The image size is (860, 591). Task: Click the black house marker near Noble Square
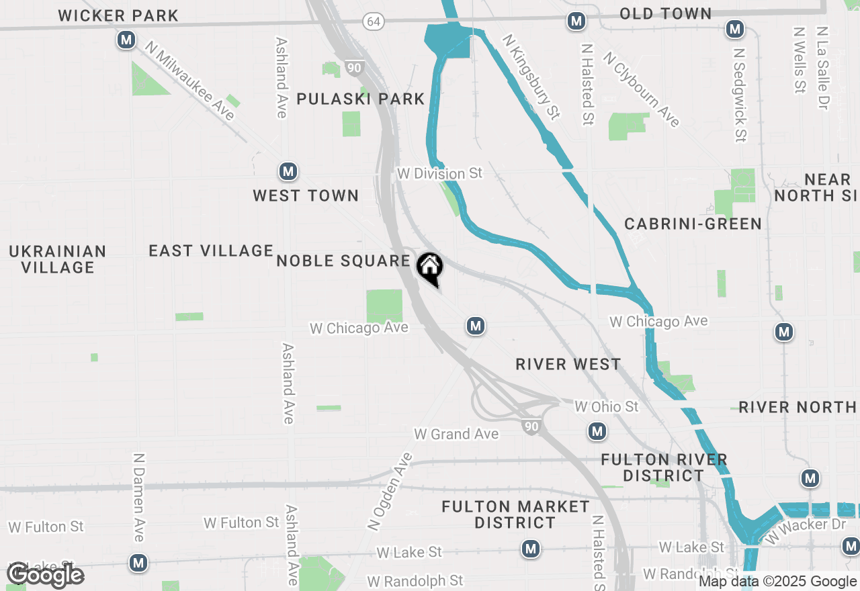430,267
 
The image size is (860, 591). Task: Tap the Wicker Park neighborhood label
118,15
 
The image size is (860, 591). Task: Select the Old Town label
665,13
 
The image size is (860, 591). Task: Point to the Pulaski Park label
361,99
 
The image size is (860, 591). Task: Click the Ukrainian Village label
58,259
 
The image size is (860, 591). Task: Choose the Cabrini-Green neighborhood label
693,224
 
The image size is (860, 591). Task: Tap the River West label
568,364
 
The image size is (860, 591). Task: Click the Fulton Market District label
515,514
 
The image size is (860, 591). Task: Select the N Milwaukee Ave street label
189,81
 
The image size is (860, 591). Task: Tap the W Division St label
439,173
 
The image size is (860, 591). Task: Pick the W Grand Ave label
456,434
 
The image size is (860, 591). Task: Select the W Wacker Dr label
805,531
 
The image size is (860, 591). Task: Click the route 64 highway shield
374,21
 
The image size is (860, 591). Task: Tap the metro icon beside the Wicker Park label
126,40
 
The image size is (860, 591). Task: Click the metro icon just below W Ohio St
597,431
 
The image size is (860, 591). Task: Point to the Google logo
46,575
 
